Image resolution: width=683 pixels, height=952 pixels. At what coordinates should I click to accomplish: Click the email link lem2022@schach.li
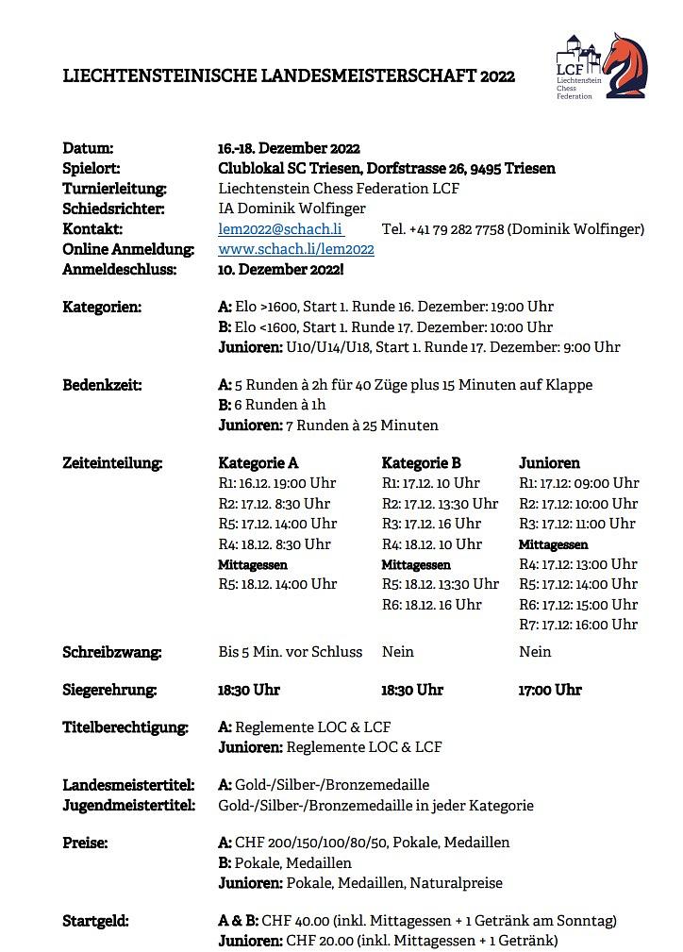pos(280,229)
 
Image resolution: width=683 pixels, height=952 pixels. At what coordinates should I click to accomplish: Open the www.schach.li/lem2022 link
pos(296,249)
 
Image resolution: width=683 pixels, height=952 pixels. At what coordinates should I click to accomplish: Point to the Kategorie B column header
pos(421,463)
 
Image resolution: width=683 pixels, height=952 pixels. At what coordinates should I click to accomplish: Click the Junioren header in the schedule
pos(549,463)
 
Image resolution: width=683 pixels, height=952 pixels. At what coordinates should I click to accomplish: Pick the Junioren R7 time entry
pos(578,625)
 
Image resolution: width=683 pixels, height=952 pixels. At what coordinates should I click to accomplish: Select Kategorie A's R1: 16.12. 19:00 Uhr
pos(277,483)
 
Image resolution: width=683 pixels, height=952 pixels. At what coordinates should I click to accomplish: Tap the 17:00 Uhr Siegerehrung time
pos(550,690)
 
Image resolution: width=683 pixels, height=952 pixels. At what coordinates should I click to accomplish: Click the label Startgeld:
pos(95,920)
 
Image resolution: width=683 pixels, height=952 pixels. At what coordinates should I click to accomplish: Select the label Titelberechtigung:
pos(125,727)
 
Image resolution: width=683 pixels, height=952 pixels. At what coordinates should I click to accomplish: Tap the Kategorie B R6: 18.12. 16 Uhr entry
pos(431,605)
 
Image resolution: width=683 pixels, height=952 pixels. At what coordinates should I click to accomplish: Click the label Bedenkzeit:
pos(102,385)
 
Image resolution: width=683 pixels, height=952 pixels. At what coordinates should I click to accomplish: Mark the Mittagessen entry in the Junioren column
pos(554,544)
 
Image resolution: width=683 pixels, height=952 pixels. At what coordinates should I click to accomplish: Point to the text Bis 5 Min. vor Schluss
pos(290,651)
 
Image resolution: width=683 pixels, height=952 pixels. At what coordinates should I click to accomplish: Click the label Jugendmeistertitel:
pos(128,806)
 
